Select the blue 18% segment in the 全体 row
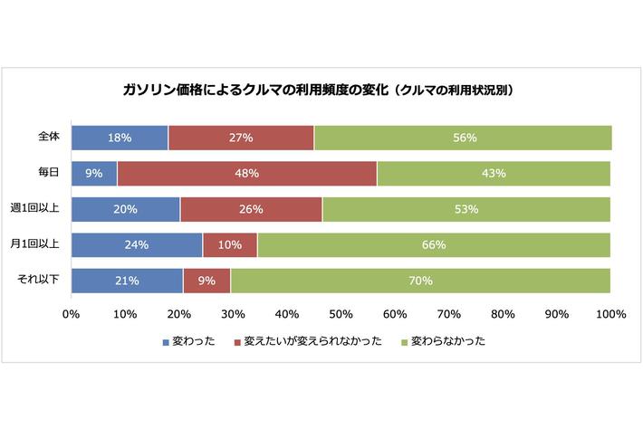click(120, 138)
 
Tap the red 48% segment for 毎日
click(247, 173)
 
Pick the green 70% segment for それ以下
click(420, 281)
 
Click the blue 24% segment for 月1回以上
click(137, 244)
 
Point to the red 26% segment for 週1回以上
click(252, 209)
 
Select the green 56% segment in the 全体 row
click(463, 138)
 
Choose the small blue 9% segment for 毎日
click(94, 173)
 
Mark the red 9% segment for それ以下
click(206, 281)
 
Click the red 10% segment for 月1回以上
click(230, 244)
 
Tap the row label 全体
click(48, 138)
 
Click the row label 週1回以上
click(35, 209)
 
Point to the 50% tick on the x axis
click(341, 314)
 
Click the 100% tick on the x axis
click(611, 314)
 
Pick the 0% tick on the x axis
click(72, 314)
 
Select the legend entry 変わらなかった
click(444, 342)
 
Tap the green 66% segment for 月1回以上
click(434, 244)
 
